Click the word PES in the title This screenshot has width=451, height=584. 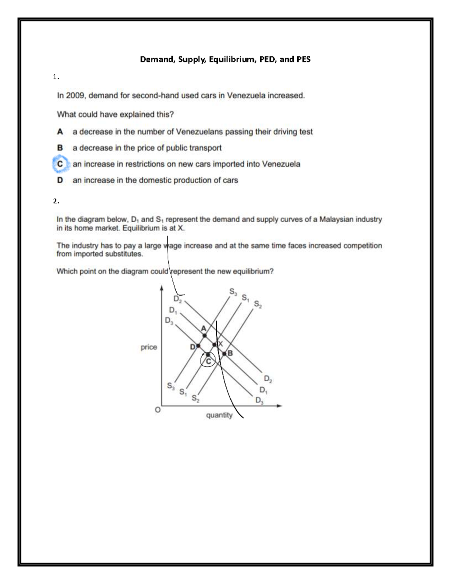coord(303,59)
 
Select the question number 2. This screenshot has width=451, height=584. coord(56,201)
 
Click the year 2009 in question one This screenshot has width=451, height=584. coord(76,96)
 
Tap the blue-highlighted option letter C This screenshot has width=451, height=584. coord(60,164)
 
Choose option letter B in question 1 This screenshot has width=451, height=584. coord(60,148)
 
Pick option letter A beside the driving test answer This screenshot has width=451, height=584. coord(60,132)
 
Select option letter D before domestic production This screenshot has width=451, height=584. coord(60,181)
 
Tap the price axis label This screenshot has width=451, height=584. coord(149,347)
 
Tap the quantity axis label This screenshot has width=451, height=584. coord(219,415)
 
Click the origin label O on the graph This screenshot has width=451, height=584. coord(158,410)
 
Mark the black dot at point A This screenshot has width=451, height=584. coord(204,335)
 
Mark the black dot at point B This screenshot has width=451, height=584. coord(224,353)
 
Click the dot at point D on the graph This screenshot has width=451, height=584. coord(198,346)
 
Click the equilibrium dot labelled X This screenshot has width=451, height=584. coord(215,344)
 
